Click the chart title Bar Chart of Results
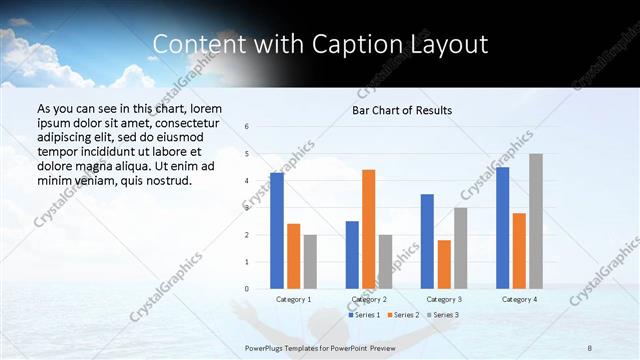[401, 110]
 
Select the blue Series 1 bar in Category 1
[276, 231]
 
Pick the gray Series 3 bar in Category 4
[536, 221]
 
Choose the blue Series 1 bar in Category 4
[502, 228]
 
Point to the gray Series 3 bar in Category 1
[310, 262]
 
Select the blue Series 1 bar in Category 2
[352, 255]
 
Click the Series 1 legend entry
[364, 315]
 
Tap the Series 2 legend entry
[402, 315]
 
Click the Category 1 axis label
[293, 299]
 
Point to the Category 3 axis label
[444, 299]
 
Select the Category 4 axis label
[519, 299]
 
